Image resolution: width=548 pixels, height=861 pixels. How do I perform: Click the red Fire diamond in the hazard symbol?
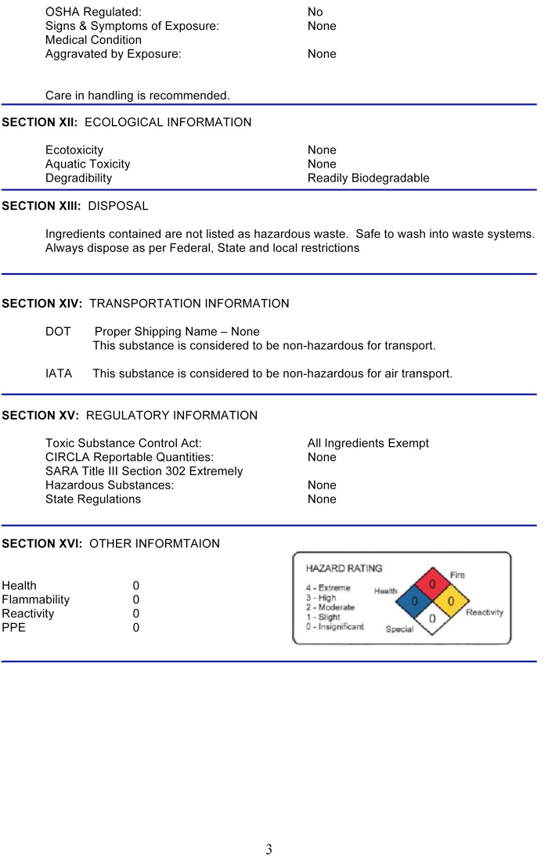click(432, 584)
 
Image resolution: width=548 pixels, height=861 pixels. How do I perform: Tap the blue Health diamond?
click(414, 602)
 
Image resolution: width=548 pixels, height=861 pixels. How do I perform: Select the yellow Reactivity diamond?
click(450, 602)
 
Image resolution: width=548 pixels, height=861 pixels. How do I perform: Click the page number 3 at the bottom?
click(269, 849)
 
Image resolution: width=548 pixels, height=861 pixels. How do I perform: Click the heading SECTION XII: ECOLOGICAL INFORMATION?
click(127, 122)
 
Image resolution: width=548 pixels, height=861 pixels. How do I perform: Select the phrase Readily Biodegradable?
click(368, 178)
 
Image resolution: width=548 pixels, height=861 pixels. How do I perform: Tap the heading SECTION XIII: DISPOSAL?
click(75, 206)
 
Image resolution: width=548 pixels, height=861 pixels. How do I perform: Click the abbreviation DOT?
click(58, 331)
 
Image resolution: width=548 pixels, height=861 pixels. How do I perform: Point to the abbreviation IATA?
click(59, 373)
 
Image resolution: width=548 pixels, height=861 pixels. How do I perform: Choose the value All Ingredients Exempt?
click(368, 443)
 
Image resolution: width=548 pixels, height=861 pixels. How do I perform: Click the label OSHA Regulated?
click(94, 12)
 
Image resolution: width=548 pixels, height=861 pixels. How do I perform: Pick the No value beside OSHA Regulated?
click(315, 12)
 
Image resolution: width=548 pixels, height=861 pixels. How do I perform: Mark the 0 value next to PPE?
click(136, 628)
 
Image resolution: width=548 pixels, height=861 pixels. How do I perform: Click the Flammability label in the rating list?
click(36, 600)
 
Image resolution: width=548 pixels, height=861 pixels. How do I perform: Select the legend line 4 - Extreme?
click(328, 587)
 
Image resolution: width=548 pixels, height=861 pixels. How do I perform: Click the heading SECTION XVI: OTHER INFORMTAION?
click(111, 543)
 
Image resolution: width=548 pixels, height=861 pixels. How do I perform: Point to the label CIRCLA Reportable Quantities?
click(129, 457)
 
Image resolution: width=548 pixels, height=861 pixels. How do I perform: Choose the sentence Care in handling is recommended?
click(138, 95)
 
